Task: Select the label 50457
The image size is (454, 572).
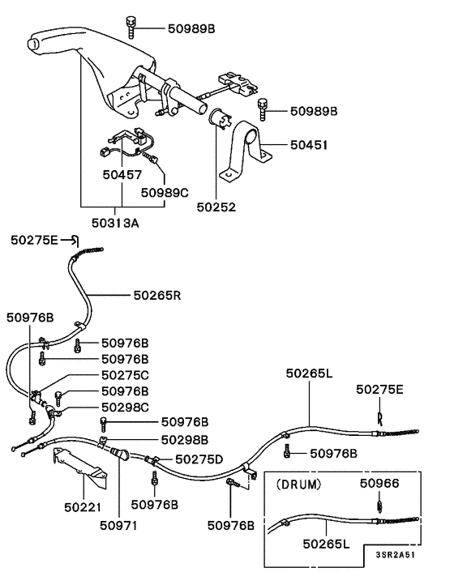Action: tap(122, 174)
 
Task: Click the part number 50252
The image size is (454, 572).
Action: tap(216, 207)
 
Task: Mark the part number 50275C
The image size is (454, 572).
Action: tap(125, 375)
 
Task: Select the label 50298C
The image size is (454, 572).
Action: tap(125, 406)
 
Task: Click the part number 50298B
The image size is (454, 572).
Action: tap(185, 439)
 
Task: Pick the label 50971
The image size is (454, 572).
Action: tap(119, 526)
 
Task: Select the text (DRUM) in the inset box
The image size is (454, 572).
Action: tap(299, 484)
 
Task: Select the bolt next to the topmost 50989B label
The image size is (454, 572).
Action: tap(130, 27)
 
